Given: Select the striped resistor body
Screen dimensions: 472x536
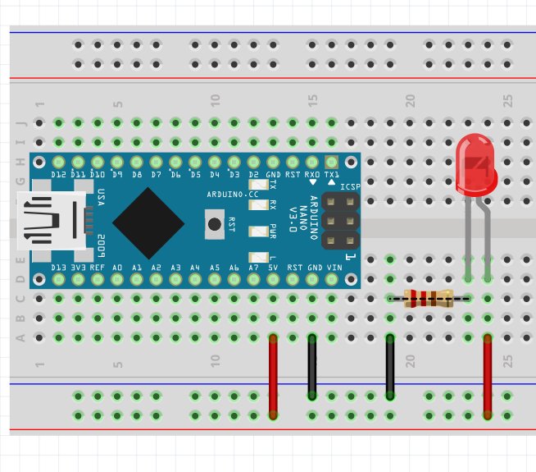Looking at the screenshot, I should point(429,299).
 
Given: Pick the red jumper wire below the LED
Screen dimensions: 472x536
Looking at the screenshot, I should point(488,376).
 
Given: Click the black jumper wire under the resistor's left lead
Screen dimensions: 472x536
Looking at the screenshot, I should point(390,368).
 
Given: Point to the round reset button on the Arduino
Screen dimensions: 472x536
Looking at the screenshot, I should point(215,222).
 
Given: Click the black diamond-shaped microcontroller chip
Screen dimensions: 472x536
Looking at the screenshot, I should point(148,222).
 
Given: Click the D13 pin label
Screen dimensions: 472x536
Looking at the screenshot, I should point(58,268).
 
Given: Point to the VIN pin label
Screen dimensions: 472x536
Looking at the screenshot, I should point(334,268).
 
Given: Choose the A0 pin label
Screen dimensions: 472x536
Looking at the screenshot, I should point(117,268).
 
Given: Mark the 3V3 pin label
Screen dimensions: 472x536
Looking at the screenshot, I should point(78,268).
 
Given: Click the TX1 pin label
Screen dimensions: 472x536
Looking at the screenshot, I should point(332,176).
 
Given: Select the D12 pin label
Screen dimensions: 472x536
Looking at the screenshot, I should point(58,176).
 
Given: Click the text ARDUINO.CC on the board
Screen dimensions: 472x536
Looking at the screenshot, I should point(234,194).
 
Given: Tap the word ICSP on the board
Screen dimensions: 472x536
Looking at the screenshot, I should point(350,187).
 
